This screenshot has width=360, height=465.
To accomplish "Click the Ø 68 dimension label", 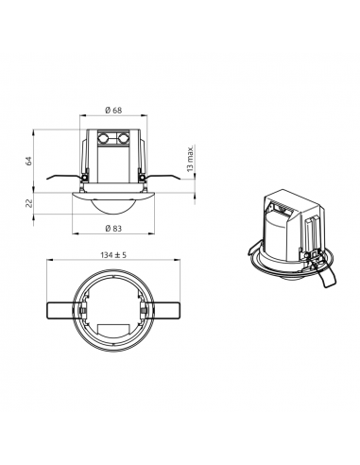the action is tap(113, 111).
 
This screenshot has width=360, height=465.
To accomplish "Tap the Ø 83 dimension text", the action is tap(113, 229).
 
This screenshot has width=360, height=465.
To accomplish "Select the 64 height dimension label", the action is tap(29, 161).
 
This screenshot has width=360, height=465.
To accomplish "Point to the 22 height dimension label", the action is tap(29, 203).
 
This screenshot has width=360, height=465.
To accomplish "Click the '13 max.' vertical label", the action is tap(190, 159).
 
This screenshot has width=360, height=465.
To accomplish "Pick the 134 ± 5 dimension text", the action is tap(113, 255).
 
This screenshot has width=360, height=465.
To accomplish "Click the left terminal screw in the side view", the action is tap(103, 138).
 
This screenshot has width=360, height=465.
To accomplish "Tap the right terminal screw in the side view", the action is tap(123, 138).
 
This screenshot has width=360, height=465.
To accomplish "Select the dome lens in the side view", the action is tap(113, 207).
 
